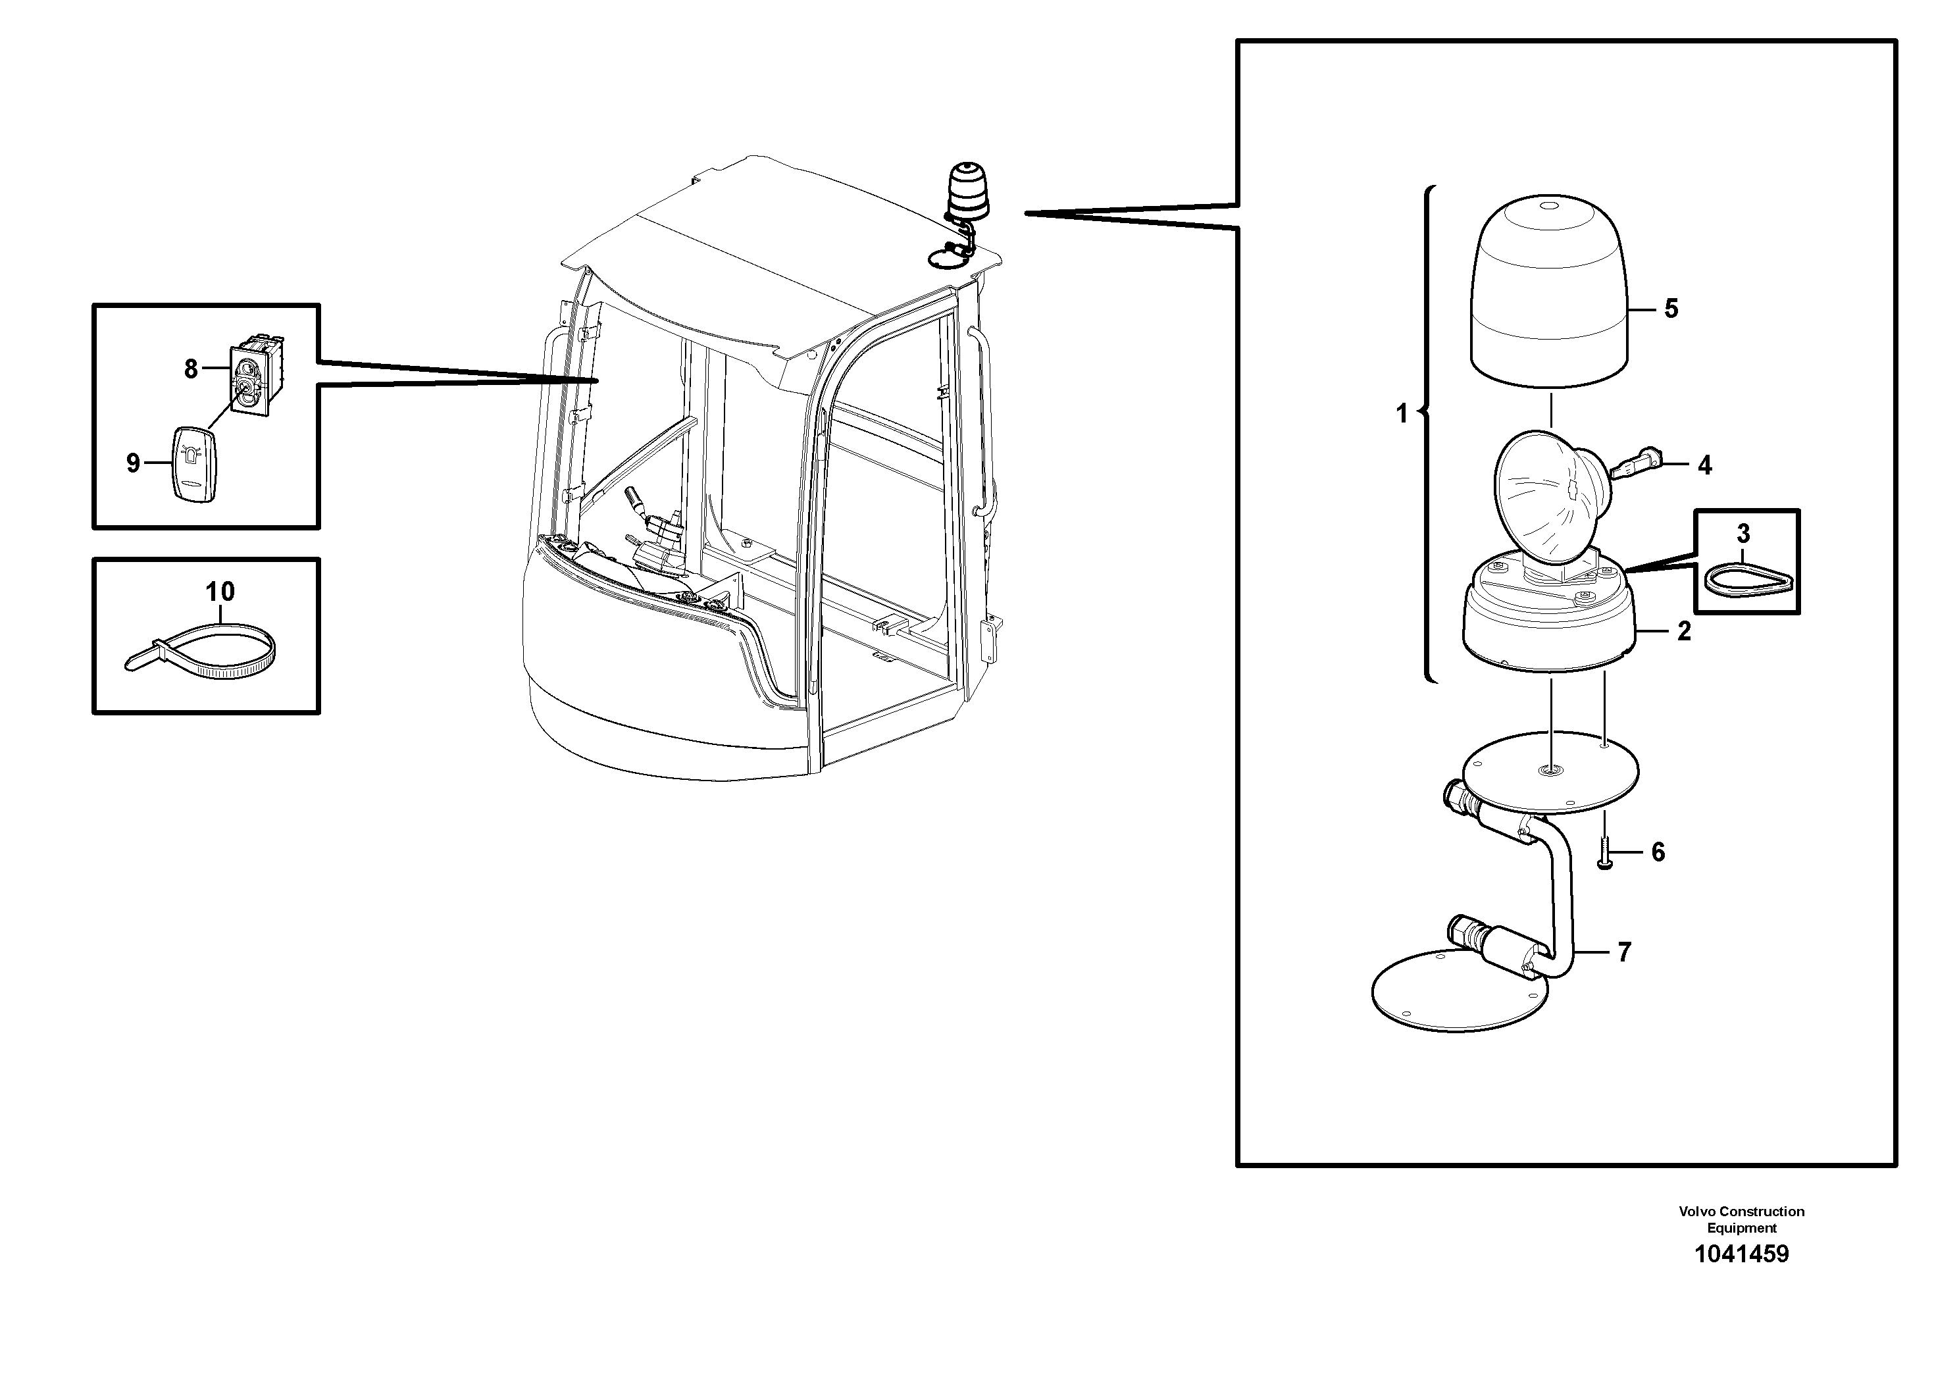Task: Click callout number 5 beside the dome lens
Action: pos(1671,309)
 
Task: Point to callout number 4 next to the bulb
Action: pos(1704,465)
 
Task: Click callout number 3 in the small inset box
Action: pos(1743,534)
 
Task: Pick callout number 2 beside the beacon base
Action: pos(1683,631)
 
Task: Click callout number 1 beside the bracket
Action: pos(1401,414)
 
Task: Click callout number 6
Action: pos(1658,852)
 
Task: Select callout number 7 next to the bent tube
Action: pos(1623,952)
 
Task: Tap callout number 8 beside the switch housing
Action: pos(190,369)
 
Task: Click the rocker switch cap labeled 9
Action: pos(195,465)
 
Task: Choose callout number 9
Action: pos(133,463)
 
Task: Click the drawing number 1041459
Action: pos(1741,1254)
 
